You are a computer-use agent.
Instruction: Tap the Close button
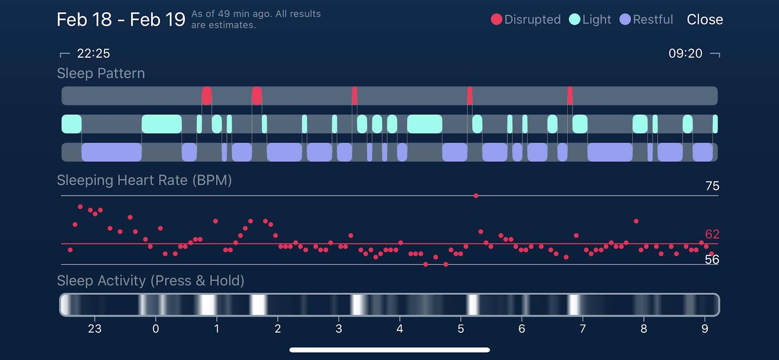705,19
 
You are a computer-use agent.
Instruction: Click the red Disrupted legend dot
496,19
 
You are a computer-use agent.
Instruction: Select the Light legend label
596,19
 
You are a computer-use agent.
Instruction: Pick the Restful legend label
653,19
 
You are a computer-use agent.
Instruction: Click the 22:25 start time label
93,54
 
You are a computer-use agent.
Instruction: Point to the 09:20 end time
685,54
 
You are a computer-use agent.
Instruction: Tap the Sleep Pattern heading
101,74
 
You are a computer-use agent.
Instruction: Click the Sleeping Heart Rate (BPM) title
144,180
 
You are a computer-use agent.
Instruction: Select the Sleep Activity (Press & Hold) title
150,281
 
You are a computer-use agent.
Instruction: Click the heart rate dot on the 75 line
476,196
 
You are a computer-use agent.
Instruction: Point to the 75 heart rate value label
712,186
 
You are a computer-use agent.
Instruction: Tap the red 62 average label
712,234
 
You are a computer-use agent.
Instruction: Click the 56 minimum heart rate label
712,260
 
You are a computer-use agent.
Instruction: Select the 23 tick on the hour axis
94,329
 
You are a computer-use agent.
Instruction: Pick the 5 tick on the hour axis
461,329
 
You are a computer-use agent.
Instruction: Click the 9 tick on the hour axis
705,329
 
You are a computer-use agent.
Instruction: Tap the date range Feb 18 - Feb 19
121,20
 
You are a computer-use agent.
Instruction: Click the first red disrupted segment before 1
206,96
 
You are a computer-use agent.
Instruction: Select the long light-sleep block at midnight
162,124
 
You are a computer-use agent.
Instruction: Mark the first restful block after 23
111,152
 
